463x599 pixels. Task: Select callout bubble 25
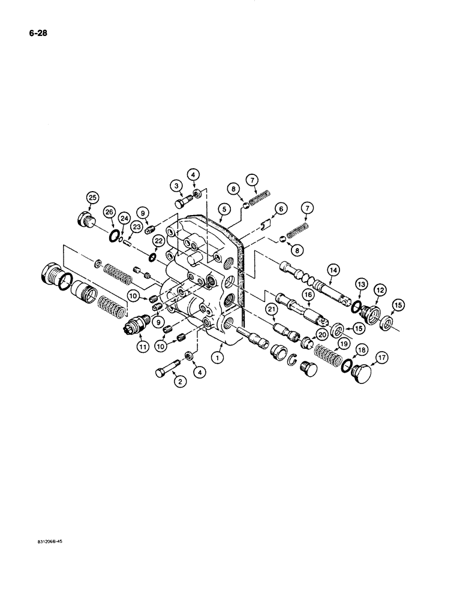point(92,198)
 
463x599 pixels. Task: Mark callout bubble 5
point(223,210)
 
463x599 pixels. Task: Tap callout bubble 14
point(334,271)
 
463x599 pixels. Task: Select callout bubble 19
point(343,344)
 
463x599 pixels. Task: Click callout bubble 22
point(158,240)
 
